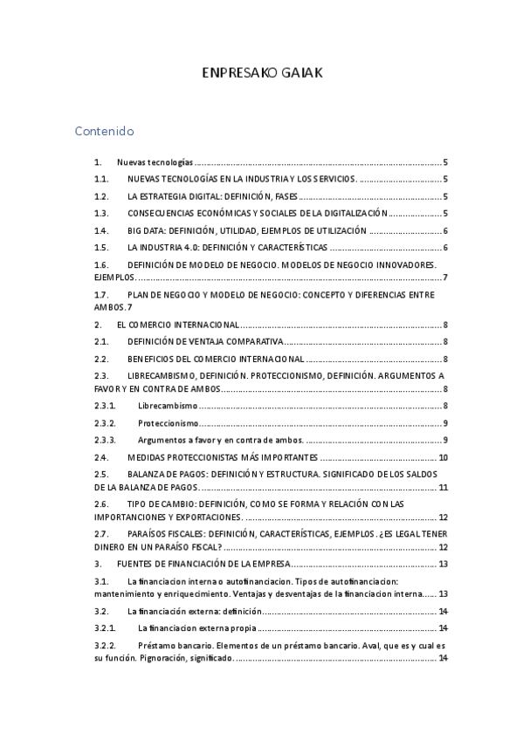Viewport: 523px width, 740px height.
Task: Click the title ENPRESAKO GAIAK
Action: (262, 73)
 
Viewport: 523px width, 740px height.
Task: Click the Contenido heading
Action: (104, 132)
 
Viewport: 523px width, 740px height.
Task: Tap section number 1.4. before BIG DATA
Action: (101, 230)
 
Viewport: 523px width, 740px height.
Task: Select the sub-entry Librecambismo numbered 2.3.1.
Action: (168, 406)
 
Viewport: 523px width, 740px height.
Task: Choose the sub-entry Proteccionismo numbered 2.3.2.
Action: (169, 423)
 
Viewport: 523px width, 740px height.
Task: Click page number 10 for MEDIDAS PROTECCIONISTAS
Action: (443, 457)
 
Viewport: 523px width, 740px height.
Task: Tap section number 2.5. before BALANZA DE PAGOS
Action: (101, 474)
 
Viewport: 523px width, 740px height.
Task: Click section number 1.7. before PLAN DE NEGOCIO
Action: (101, 295)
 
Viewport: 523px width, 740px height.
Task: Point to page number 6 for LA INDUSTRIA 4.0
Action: (445, 248)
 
